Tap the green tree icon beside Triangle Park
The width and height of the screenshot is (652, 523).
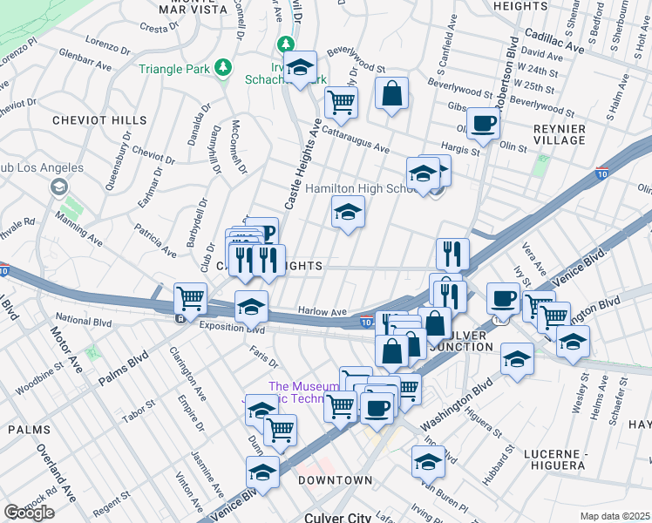pos(224,67)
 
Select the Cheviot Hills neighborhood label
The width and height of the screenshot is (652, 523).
pos(87,120)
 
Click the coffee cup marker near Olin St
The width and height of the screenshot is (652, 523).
pos(482,123)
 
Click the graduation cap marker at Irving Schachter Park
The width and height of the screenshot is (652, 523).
pos(301,68)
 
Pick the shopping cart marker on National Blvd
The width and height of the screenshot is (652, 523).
pos(190,299)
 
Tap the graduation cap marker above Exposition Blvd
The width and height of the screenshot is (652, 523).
pos(251,307)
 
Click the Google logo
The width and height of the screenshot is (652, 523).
pos(28,513)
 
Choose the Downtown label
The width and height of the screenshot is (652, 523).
pos(335,480)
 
